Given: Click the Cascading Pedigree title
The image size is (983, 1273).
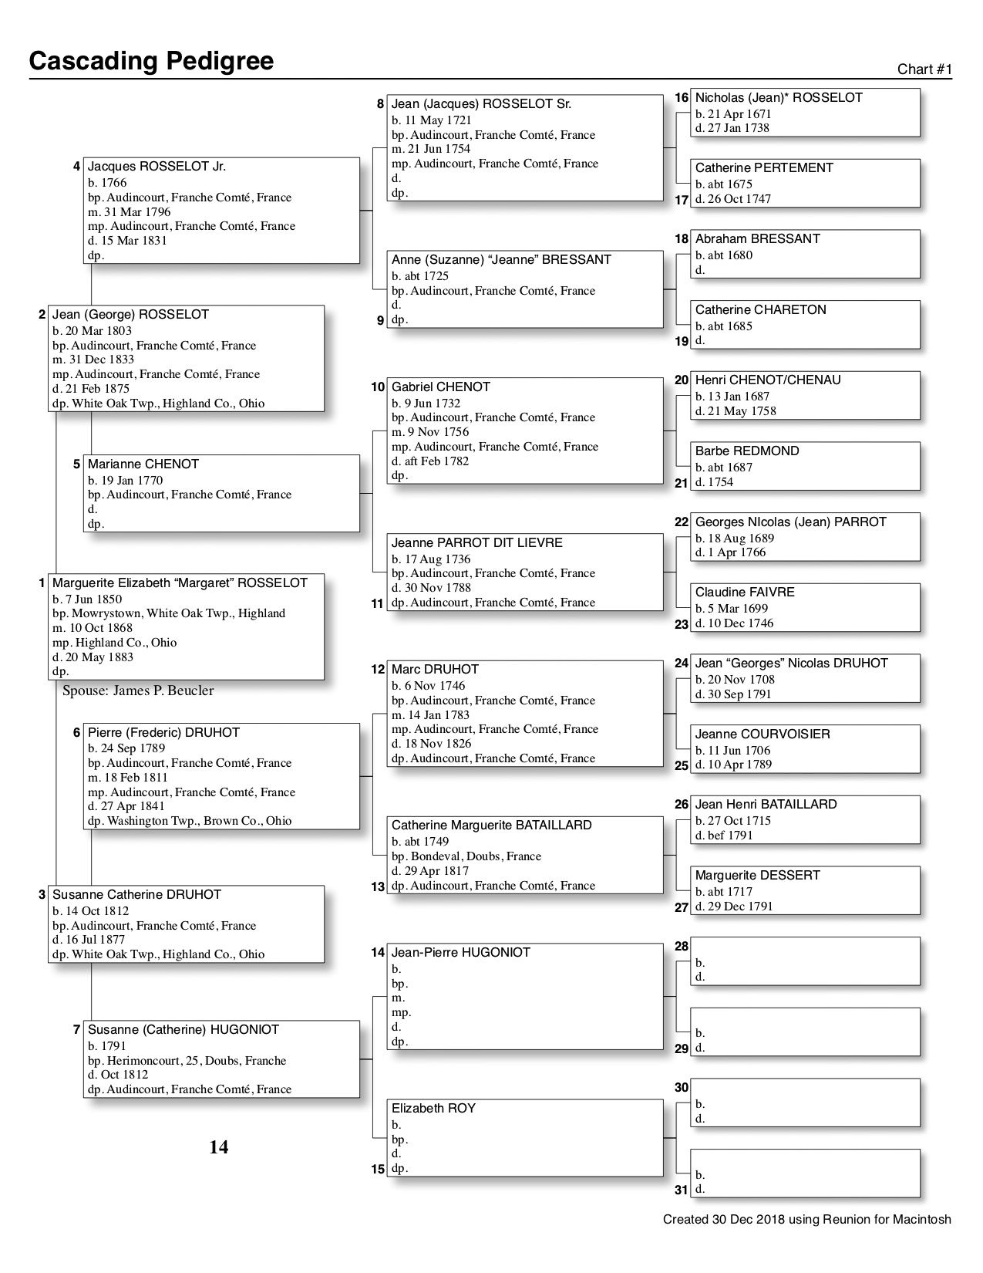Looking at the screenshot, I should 151,61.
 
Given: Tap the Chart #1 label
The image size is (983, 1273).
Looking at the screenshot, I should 924,69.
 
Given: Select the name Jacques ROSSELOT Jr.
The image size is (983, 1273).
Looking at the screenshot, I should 157,167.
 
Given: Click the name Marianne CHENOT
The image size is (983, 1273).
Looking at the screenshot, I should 143,464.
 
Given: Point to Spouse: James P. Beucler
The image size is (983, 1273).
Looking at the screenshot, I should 138,691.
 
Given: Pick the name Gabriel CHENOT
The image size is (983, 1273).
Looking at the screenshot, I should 441,387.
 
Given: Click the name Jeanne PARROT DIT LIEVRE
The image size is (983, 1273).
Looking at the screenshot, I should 477,543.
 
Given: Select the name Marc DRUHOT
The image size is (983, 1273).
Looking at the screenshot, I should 435,670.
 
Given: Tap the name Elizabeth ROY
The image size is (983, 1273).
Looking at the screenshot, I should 433,1109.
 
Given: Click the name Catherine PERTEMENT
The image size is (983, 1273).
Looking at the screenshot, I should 764,168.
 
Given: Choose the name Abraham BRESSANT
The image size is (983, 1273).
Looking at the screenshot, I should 758,239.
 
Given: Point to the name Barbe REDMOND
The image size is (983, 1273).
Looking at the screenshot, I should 747,451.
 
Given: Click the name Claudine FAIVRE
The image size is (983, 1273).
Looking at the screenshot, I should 745,593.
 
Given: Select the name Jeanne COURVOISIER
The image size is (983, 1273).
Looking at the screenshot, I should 762,734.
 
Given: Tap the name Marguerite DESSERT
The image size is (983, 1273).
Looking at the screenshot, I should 758,876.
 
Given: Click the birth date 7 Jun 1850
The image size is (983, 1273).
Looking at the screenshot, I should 87,599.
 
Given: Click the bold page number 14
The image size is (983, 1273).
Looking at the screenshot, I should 219,1148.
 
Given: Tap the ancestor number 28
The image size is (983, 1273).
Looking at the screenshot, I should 682,947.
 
